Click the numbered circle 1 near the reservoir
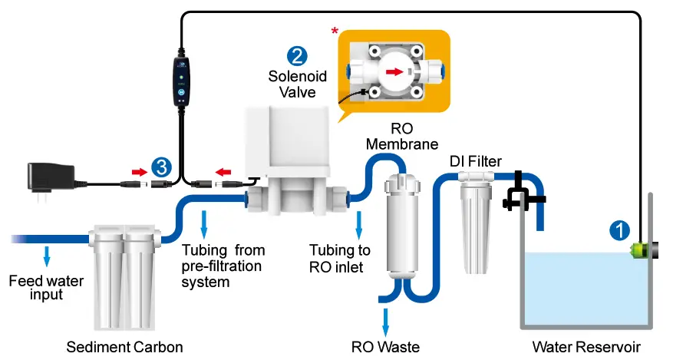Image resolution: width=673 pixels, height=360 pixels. pos(620,229)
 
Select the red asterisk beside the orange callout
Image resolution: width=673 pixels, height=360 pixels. pos(335,31)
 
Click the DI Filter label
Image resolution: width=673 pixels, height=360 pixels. pos(476,161)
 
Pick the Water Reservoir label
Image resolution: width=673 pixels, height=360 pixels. pos(586,346)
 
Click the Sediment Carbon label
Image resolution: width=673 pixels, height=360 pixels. pos(125,347)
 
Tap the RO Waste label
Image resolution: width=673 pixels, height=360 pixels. pos(385,346)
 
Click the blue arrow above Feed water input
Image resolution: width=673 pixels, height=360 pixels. pos(47,255)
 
